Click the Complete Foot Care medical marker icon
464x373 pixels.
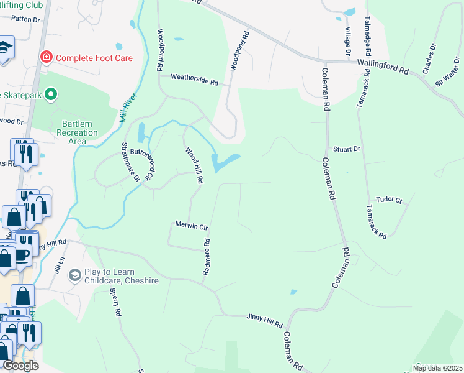[46, 58]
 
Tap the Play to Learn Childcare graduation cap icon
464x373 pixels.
[75, 275]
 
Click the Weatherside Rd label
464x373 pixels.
[195, 81]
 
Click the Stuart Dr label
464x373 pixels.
[347, 149]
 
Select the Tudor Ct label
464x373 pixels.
[390, 200]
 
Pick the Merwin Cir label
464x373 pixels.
[191, 226]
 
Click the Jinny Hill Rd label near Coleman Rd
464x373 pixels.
[264, 320]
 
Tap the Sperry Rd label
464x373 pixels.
[114, 302]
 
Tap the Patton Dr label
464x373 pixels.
[25, 20]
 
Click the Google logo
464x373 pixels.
[20, 366]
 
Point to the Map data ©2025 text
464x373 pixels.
[438, 368]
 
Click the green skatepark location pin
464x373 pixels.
[51, 95]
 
